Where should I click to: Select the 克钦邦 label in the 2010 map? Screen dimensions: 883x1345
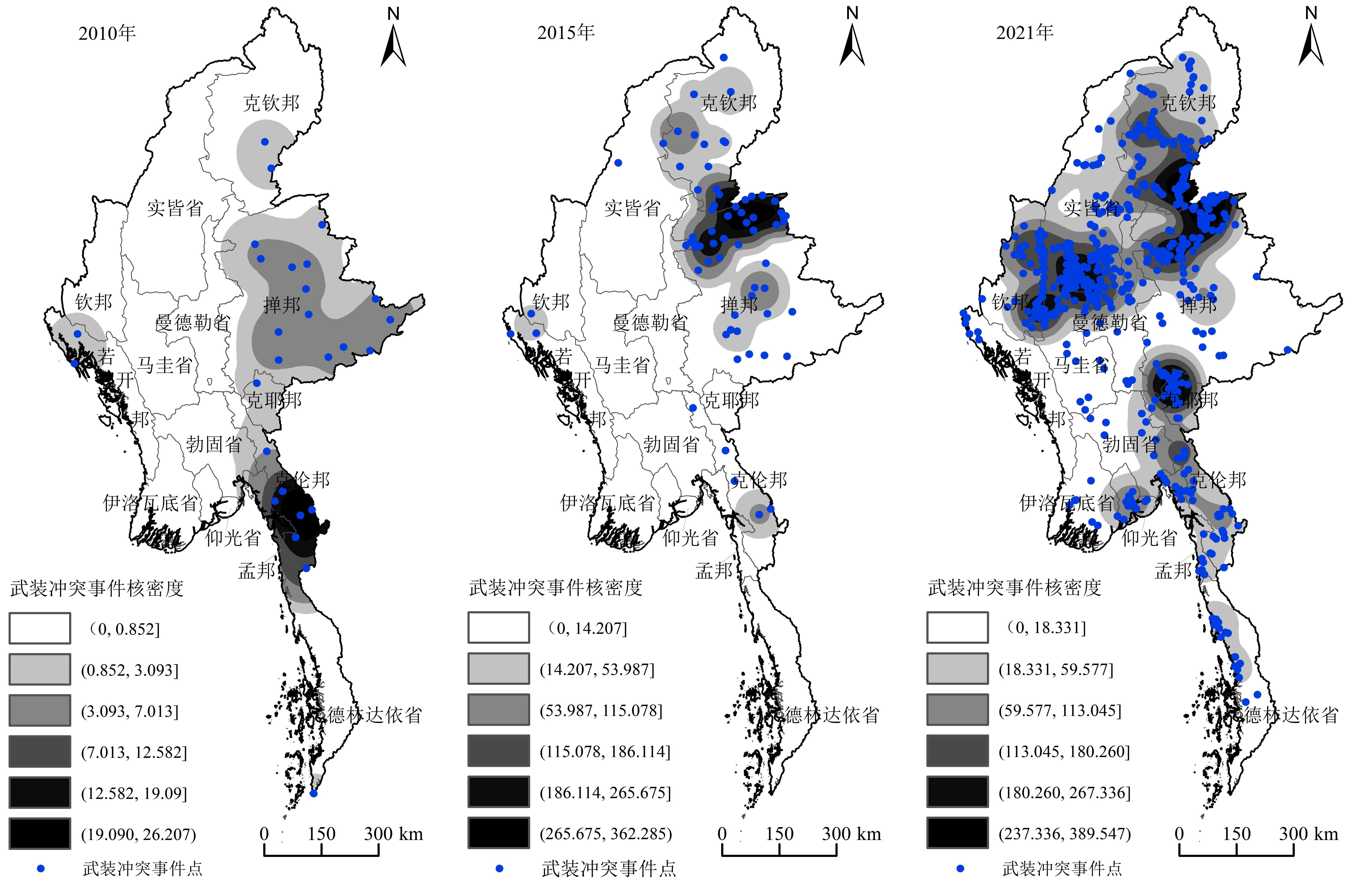(271, 103)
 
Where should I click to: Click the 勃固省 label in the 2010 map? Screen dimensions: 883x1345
(214, 445)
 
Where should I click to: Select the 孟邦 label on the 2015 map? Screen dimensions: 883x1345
(714, 571)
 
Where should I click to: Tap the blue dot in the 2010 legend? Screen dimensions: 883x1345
(40, 868)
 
